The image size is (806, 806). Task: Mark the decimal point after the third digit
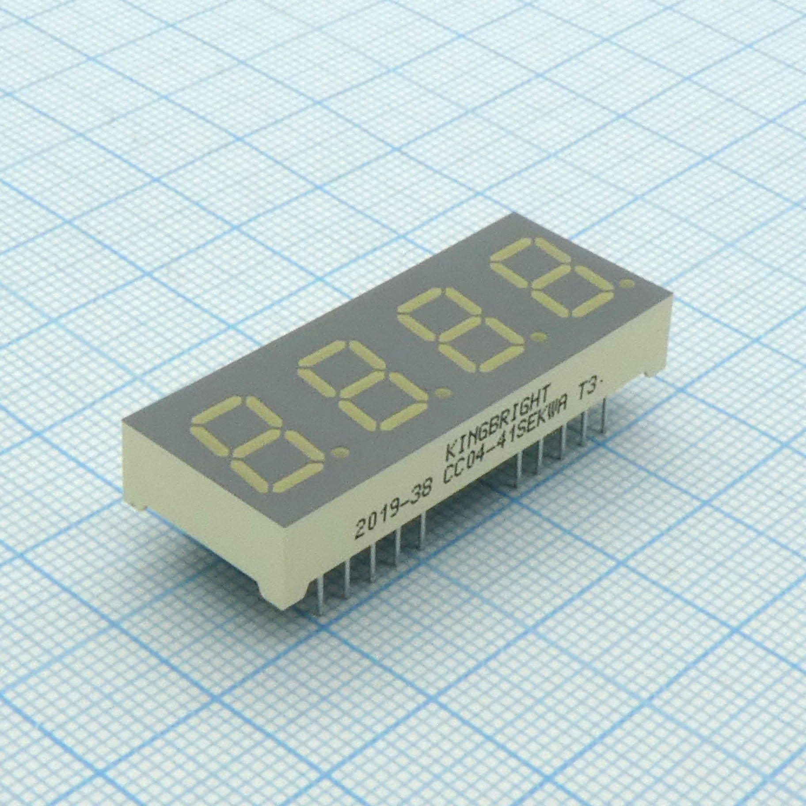pyautogui.click(x=538, y=338)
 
